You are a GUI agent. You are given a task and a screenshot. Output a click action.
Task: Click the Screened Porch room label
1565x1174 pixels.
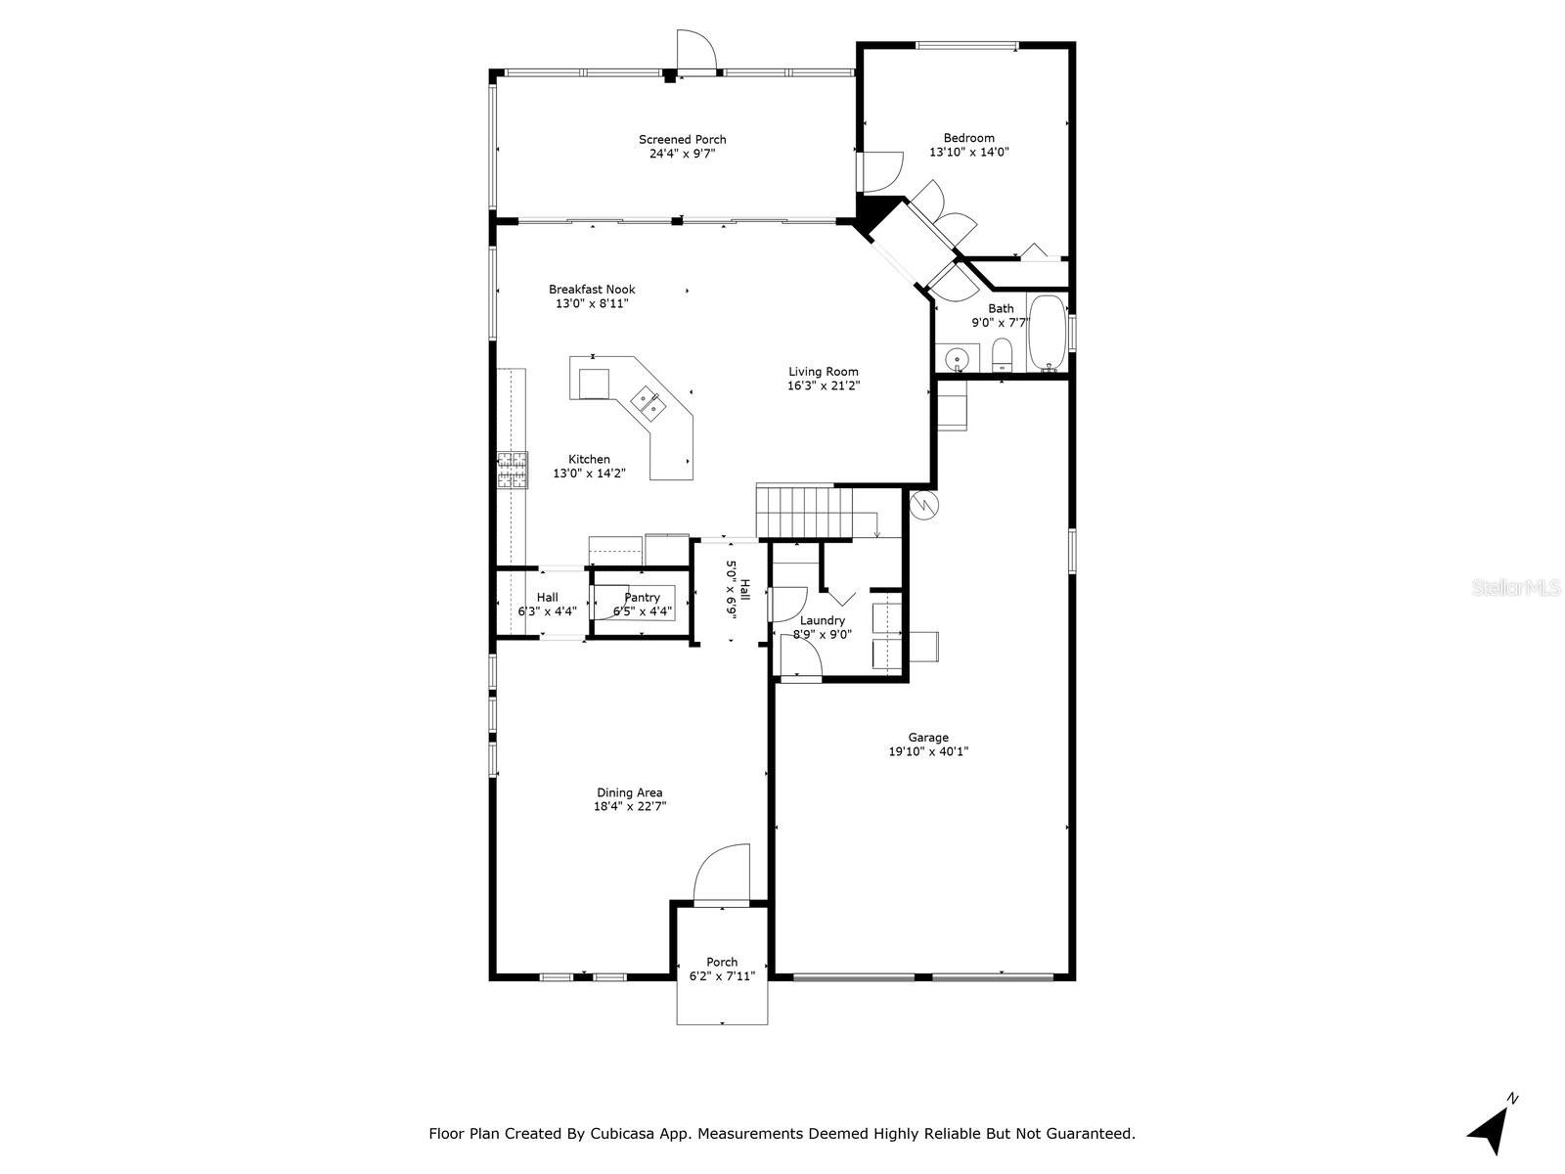[682, 140]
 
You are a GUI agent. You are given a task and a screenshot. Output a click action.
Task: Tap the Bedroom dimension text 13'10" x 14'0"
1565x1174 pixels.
[968, 152]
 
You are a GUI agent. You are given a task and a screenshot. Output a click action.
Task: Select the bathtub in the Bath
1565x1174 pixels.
[1048, 333]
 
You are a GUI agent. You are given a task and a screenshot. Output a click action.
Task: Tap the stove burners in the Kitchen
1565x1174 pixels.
[512, 471]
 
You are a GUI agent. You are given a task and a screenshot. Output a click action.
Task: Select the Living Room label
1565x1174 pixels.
[823, 372]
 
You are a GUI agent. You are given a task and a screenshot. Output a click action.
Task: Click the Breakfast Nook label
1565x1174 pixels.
[591, 290]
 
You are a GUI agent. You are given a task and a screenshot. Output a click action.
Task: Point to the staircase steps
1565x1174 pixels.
[804, 512]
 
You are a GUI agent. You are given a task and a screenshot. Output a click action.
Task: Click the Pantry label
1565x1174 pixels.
[642, 598]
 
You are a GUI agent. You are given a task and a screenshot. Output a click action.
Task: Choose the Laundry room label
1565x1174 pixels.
[822, 621]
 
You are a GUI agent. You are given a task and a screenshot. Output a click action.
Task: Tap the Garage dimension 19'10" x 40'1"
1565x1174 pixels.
[927, 751]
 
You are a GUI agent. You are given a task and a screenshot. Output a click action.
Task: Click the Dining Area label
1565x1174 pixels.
[629, 792]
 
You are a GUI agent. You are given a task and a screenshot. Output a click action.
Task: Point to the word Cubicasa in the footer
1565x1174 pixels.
[619, 1134]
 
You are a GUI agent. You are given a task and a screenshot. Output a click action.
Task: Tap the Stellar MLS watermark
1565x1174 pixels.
[1515, 588]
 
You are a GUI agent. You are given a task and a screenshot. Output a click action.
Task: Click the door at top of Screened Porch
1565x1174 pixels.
[695, 51]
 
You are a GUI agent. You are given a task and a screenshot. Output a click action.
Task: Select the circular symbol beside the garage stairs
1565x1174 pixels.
[924, 505]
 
